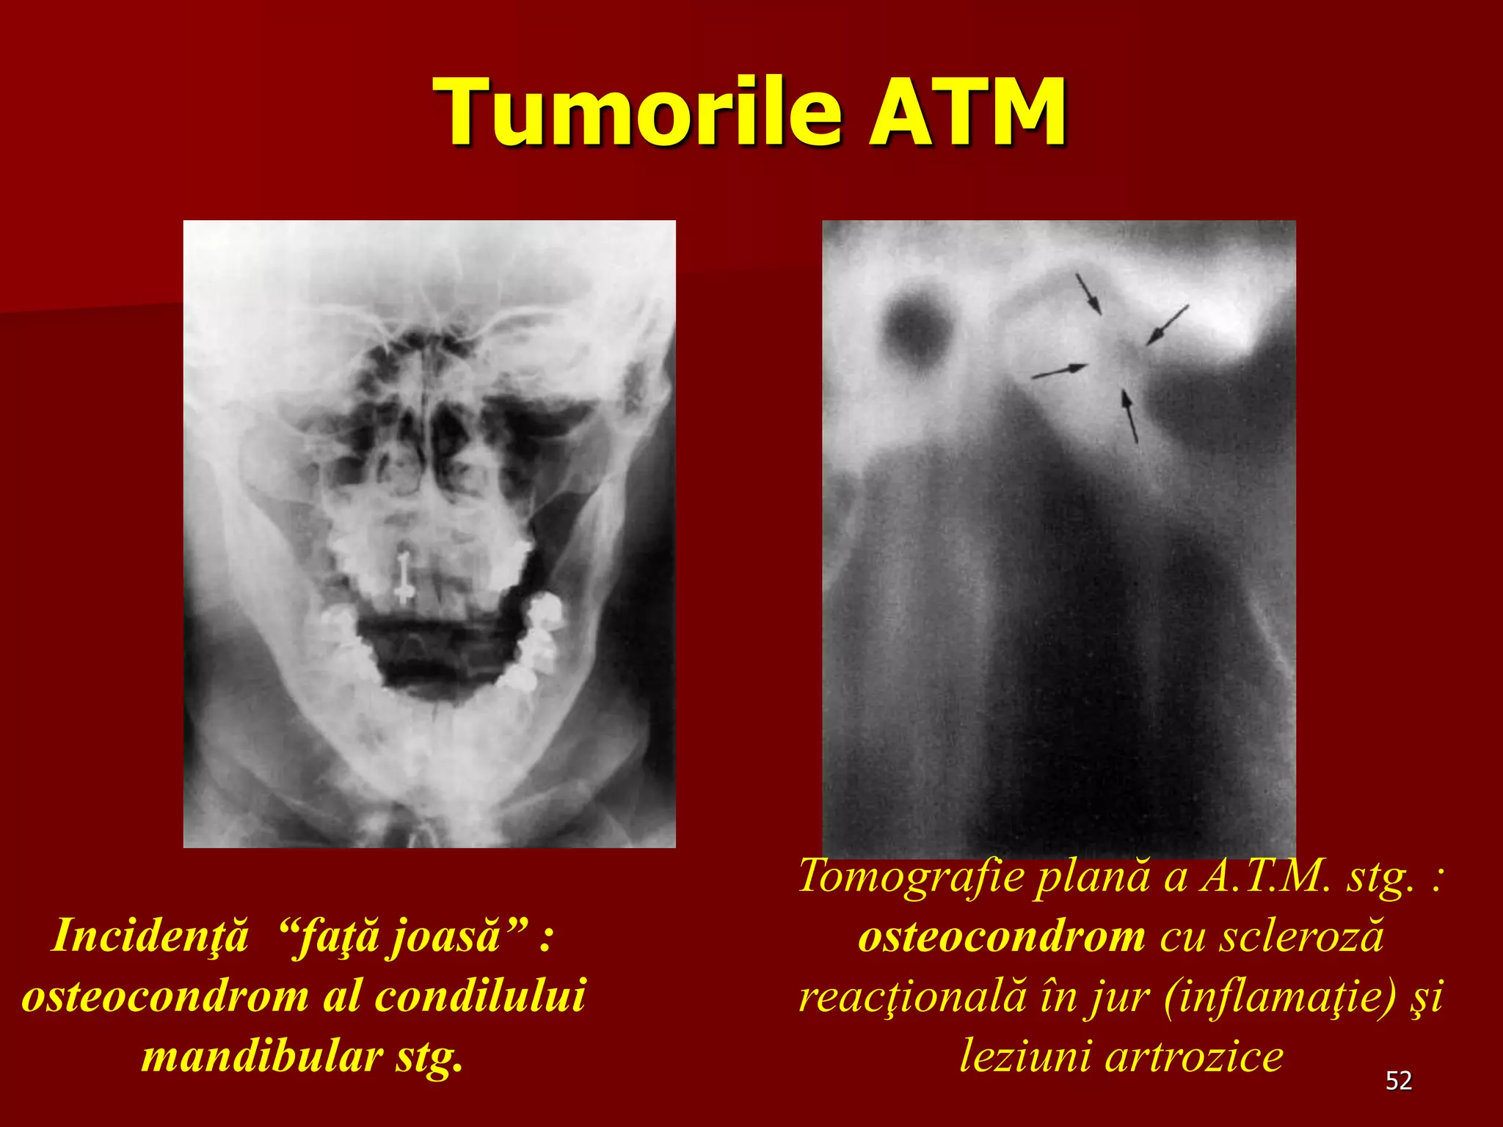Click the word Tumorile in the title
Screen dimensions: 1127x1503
coord(637,112)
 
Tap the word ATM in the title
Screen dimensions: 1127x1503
coord(967,112)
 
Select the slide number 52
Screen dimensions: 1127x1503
coord(1399,1081)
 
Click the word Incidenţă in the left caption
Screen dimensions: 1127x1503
coord(150,936)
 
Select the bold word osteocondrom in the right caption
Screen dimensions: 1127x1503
coord(1002,936)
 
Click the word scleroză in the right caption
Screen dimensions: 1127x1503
coord(1301,936)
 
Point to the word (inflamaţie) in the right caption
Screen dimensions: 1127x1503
coord(1278,996)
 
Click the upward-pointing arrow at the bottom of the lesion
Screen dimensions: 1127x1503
coord(1129,416)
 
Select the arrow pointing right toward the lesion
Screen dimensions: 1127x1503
coord(1059,371)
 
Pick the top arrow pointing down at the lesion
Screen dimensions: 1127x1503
coord(1088,293)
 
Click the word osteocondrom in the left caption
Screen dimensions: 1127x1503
coord(166,996)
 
